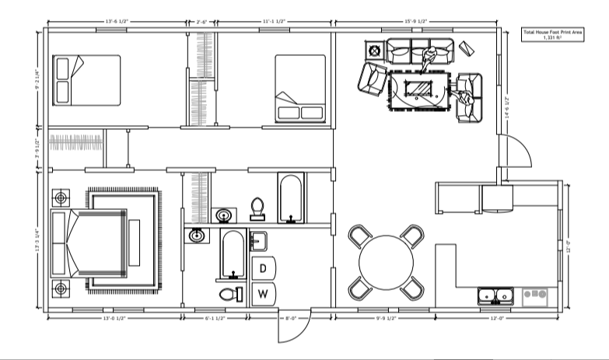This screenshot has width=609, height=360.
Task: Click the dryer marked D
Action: pos(264,267)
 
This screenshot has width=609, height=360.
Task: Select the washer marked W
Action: pos(264,293)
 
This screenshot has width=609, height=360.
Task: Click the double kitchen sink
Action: pos(495,296)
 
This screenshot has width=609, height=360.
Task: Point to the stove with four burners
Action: pos(536,296)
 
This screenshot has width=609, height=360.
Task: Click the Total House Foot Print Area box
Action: pos(552,34)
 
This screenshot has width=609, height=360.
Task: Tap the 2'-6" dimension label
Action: pos(202,22)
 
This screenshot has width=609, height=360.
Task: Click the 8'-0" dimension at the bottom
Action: pos(289,318)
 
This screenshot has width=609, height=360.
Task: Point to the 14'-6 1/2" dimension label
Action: pos(506,107)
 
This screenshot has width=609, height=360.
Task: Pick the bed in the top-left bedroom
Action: pos(86,80)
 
